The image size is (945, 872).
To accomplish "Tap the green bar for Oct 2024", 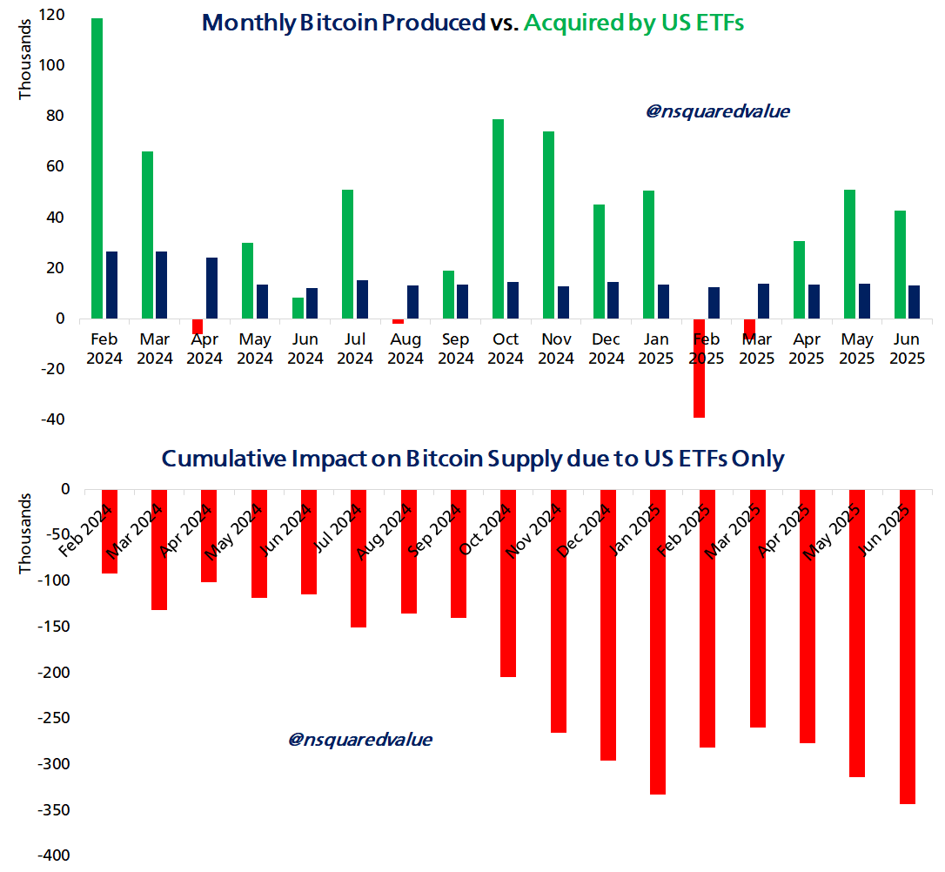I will point(498,218).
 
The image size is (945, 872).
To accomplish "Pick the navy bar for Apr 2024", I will point(211,288).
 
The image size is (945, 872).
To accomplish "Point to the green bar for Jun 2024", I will point(298,308).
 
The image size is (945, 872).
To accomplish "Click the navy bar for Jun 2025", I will point(914,302).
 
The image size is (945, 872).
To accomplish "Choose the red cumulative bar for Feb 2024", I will point(110,531).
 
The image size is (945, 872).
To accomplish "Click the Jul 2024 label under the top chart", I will point(355,348).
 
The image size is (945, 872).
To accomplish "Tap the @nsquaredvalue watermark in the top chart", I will point(717,111).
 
